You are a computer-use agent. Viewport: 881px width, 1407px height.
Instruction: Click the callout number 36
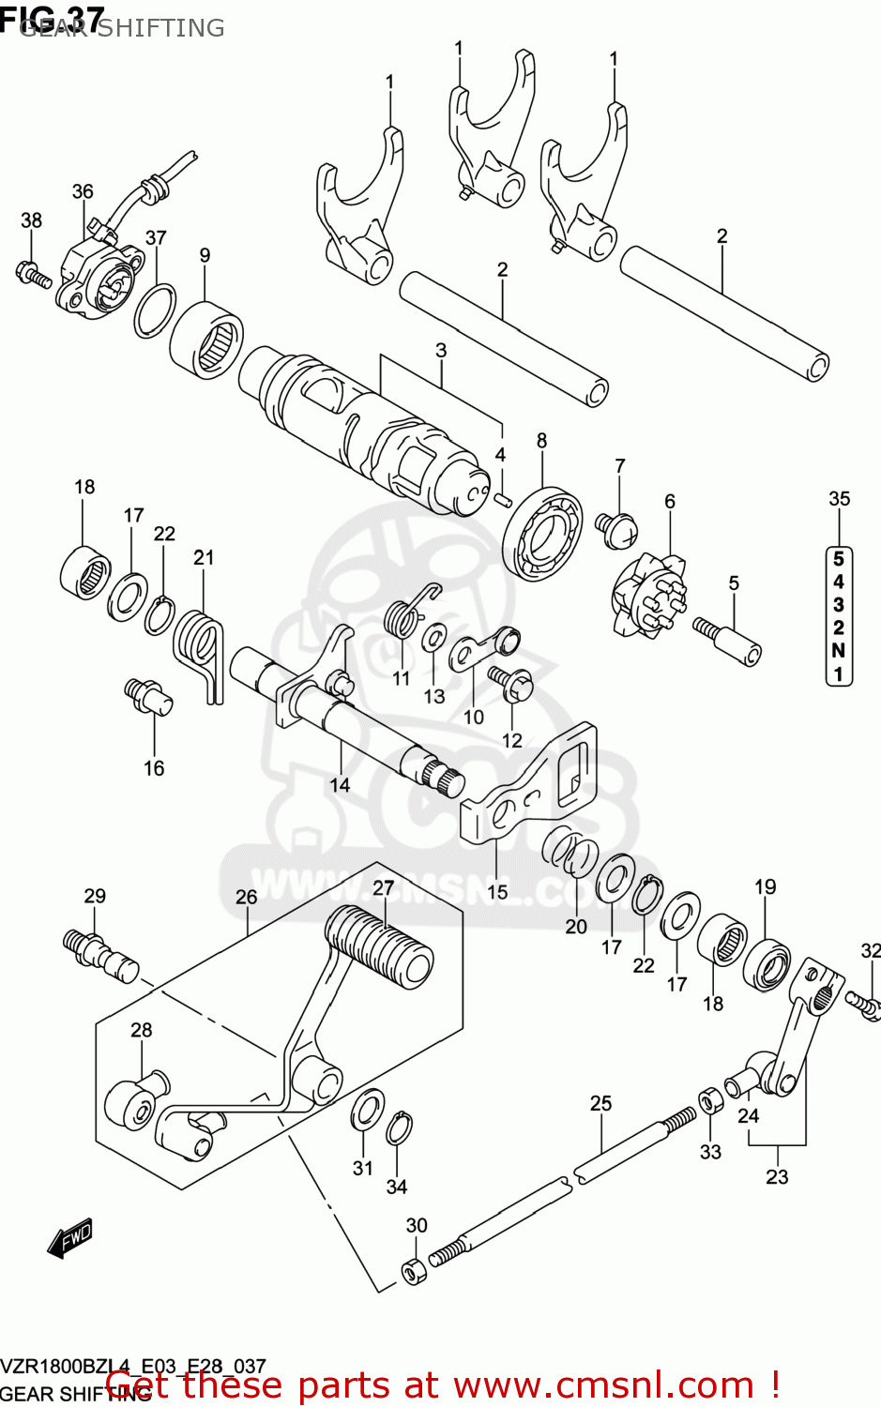pos(83,191)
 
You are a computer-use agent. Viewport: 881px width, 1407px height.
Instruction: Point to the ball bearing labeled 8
pos(542,534)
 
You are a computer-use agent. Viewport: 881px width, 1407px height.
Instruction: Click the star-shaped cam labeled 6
pos(651,595)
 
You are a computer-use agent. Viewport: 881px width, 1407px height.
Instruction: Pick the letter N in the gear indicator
pos(839,651)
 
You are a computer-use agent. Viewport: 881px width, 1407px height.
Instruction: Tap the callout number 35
pos(839,499)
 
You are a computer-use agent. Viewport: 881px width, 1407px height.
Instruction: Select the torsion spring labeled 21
pos(198,648)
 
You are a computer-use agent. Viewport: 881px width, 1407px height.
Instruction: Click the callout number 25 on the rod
pos(600,1103)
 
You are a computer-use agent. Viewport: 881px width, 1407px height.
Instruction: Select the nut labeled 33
pos(710,1100)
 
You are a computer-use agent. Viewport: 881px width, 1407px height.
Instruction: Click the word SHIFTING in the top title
pos(161,28)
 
